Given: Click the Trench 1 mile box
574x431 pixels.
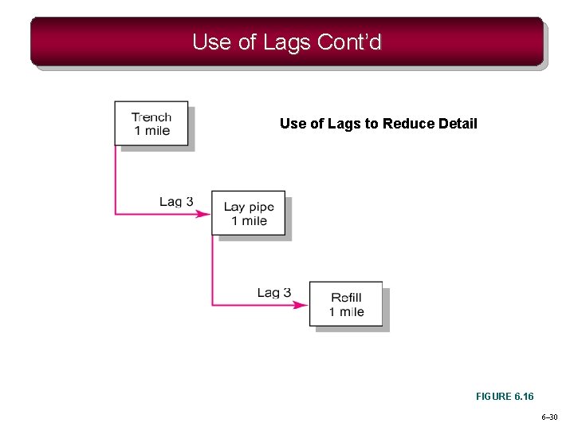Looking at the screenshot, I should pyautogui.click(x=151, y=123).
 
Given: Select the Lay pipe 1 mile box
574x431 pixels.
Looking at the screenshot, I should pyautogui.click(x=248, y=213).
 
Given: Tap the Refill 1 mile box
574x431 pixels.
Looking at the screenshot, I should pyautogui.click(x=346, y=303).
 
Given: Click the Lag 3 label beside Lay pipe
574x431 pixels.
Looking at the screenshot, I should pyautogui.click(x=176, y=201).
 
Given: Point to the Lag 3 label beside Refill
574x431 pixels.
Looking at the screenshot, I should pyautogui.click(x=273, y=293).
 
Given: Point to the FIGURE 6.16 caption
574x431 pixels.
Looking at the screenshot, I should pyautogui.click(x=505, y=396).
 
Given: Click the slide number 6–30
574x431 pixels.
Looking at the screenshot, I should pyautogui.click(x=549, y=417).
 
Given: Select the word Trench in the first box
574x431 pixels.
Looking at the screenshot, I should pyautogui.click(x=151, y=117).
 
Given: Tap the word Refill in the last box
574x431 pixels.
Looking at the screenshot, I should pyautogui.click(x=346, y=298).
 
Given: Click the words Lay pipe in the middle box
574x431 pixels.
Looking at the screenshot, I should pyautogui.click(x=248, y=207).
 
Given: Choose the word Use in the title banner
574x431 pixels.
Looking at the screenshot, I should pyautogui.click(x=210, y=42).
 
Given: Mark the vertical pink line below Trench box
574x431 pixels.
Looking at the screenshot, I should pyautogui.click(x=116, y=180).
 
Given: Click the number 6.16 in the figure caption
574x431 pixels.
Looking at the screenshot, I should pyautogui.click(x=522, y=396).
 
